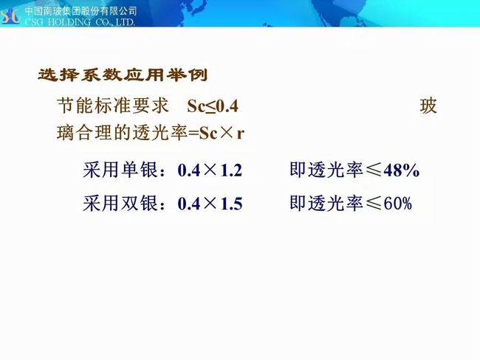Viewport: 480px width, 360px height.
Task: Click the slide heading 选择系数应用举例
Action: [x=123, y=75]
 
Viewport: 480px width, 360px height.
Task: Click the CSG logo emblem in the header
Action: [x=11, y=16]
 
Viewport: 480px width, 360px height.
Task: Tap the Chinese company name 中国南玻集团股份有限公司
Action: [x=80, y=11]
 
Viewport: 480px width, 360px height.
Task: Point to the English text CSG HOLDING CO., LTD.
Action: [x=80, y=22]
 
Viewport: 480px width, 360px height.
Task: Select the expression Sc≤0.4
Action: [x=213, y=106]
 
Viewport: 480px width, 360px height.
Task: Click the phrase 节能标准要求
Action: [x=113, y=105]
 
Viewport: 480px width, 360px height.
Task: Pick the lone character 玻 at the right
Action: [x=428, y=106]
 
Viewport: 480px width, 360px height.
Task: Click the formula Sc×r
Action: [x=222, y=134]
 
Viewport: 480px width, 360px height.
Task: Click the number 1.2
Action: [x=231, y=170]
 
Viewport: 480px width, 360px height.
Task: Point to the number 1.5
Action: [x=231, y=204]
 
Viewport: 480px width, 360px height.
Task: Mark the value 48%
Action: [x=401, y=170]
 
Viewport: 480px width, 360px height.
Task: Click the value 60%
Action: [x=398, y=204]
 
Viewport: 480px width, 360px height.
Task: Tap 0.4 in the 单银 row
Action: [x=188, y=170]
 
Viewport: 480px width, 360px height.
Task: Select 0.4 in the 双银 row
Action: [x=188, y=204]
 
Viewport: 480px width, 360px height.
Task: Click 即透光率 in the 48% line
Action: [x=326, y=170]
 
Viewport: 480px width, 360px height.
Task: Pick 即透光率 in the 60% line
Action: [x=326, y=203]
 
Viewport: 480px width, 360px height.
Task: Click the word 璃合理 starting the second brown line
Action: [x=85, y=133]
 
